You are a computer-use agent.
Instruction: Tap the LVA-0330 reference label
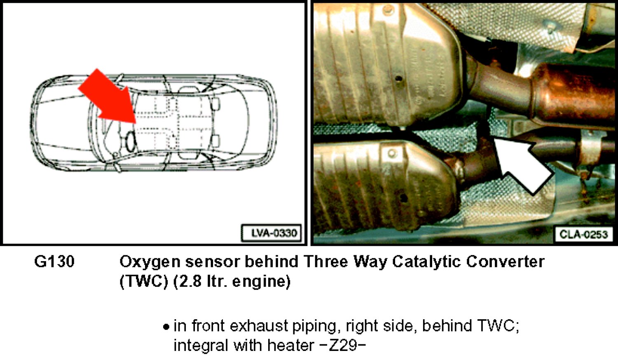pyautogui.click(x=272, y=233)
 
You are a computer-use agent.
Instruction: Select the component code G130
pyautogui.click(x=54, y=262)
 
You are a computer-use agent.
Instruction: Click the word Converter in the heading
pyautogui.click(x=506, y=262)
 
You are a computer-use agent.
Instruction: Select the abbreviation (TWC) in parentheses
pyautogui.click(x=143, y=282)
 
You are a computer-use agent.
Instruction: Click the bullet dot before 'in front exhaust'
pyautogui.click(x=166, y=327)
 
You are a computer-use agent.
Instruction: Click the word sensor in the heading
pyautogui.click(x=212, y=262)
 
